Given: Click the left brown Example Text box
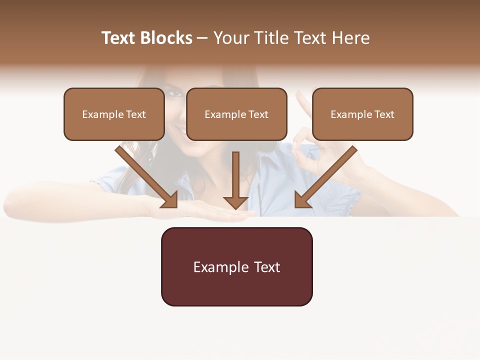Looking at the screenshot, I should (114, 114).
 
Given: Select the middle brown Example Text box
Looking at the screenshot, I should (236, 114).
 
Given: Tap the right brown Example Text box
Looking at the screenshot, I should (362, 114).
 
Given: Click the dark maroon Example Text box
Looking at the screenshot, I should (236, 267).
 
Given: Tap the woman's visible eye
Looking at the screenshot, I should (172, 93).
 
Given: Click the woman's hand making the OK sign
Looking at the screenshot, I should (312, 145).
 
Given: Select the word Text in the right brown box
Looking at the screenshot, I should (384, 114).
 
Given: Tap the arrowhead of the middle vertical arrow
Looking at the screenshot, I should (235, 202).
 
